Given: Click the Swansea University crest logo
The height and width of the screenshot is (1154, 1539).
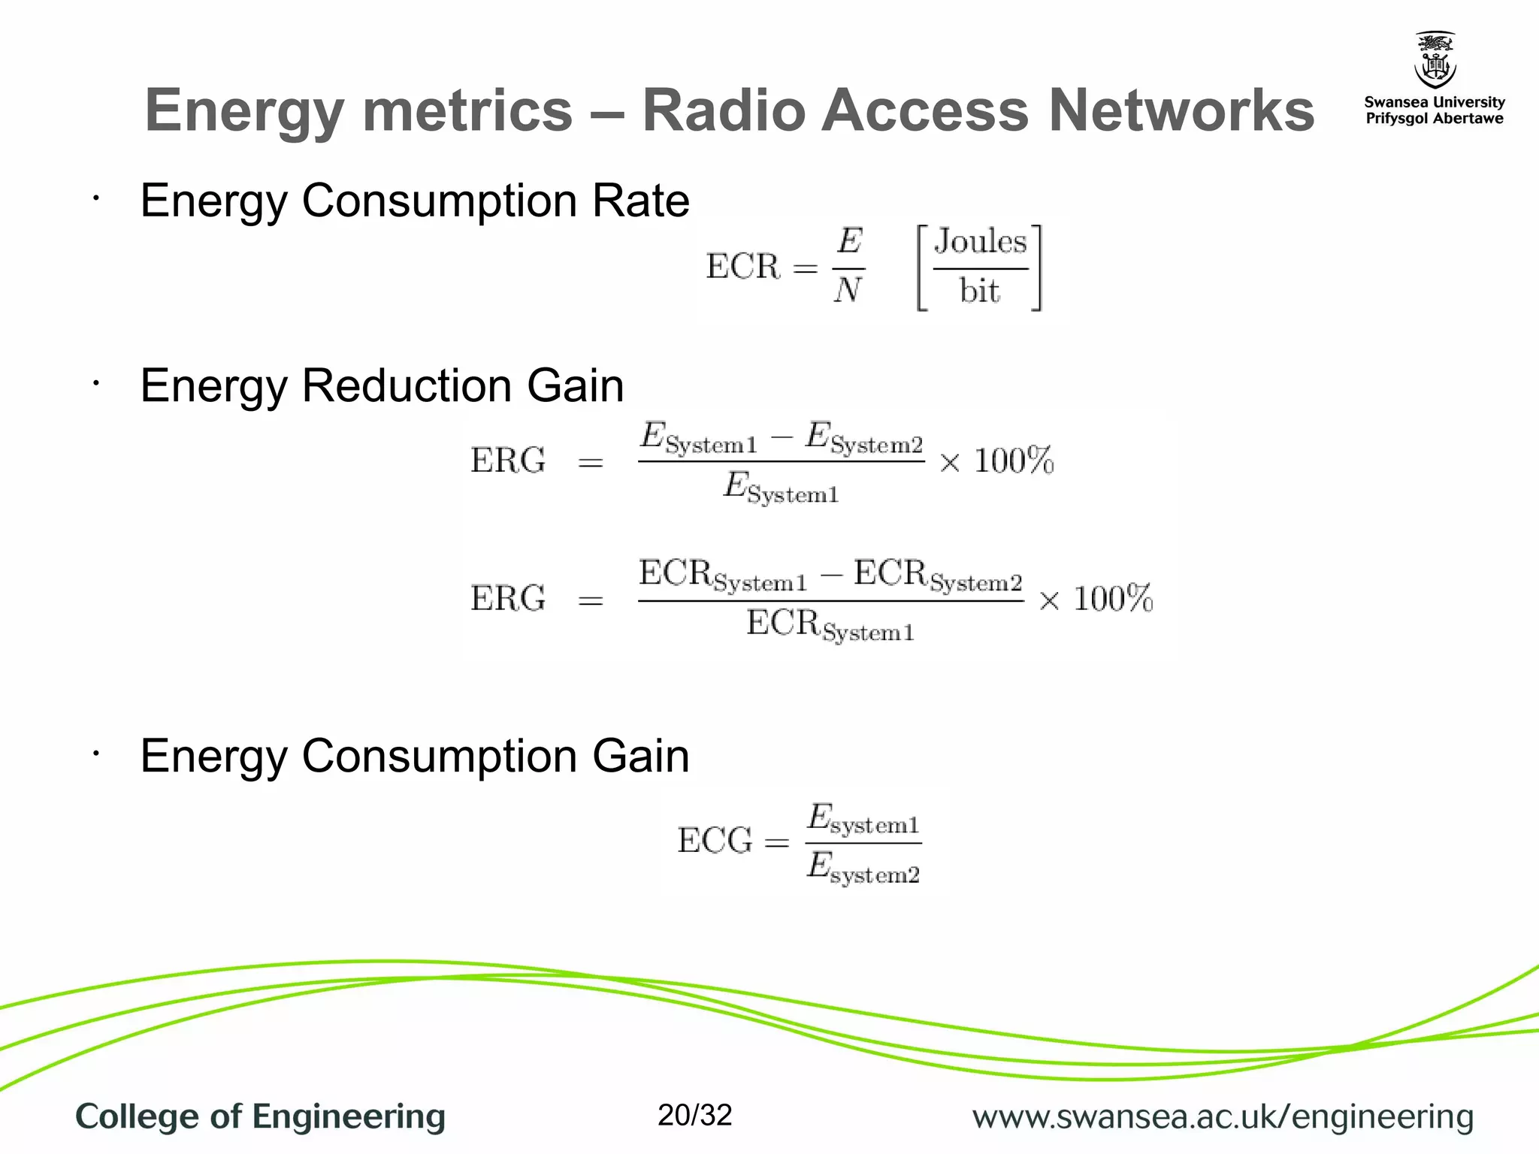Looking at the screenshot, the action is pos(1435,60).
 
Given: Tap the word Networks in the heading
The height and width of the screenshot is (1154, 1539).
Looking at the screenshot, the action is pos(1181,110).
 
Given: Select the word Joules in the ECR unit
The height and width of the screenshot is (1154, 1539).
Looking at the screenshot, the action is pos(980,242).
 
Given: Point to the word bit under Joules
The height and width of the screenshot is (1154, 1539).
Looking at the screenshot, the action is pos(979,292).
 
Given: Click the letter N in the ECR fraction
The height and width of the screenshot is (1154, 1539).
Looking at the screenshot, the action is pos(848,290).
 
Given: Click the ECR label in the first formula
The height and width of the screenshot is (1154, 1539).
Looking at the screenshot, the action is pos(743,267).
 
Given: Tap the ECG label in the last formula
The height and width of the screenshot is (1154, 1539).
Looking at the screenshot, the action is pos(715,841).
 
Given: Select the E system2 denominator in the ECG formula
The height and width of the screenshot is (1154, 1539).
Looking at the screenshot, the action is pos(863,869).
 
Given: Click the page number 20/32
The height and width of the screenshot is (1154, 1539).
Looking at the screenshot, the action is pos(694,1115).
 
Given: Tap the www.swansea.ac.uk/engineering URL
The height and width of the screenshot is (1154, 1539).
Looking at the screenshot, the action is pos(1223,1117).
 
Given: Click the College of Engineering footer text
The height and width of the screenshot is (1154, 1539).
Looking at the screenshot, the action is pos(260,1116).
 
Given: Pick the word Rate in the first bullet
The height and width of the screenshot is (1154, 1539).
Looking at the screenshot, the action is pos(640,201).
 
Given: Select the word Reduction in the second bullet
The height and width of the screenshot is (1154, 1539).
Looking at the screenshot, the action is pos(407,386).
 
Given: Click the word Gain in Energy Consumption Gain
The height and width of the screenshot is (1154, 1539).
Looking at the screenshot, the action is pos(640,756).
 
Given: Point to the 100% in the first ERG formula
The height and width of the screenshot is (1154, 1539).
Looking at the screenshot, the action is pos(1014,461).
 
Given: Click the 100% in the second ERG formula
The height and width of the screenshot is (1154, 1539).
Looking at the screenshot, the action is pos(1112,599).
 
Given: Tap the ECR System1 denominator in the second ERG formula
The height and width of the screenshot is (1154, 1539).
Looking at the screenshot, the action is pos(830,626).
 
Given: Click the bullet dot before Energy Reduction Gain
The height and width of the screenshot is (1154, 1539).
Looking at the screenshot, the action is pos(95,384).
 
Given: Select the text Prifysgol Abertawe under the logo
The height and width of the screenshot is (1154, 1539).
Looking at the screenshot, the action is pos(1434,119).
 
